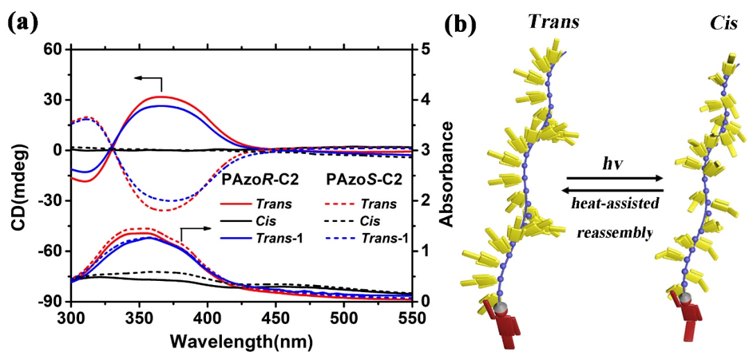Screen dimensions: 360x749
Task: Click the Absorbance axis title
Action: [447, 174]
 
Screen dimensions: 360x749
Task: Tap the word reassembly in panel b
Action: [614, 233]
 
